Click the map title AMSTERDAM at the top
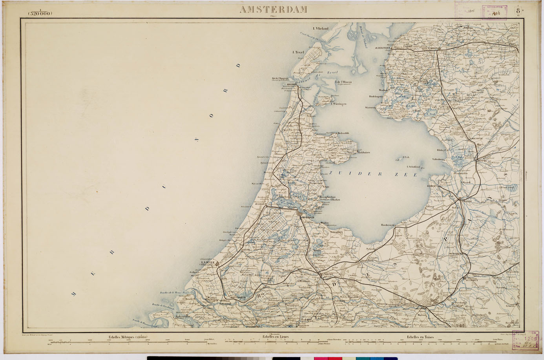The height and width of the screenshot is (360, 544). click(273, 10)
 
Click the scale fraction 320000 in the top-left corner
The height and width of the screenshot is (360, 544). click(40, 13)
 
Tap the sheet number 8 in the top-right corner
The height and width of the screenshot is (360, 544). click(518, 11)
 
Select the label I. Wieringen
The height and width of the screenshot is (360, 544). click(338, 104)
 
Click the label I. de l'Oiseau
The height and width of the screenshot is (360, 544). click(343, 82)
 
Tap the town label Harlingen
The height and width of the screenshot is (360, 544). click(382, 48)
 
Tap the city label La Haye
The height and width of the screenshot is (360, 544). click(207, 263)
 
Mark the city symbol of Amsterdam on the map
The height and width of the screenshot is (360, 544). click(300, 214)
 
